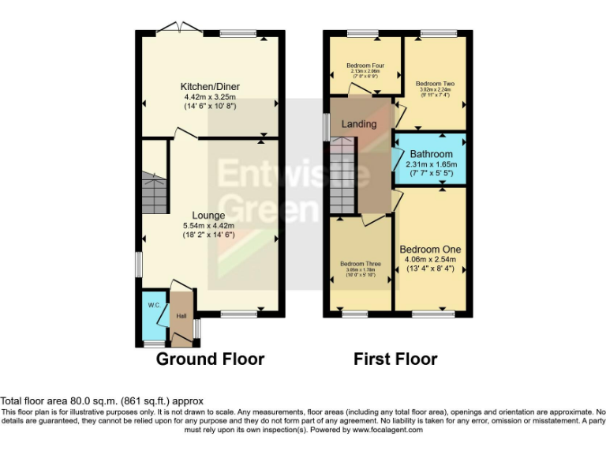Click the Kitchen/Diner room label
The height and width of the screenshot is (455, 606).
tap(210, 86)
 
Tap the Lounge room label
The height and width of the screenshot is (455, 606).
tap(209, 215)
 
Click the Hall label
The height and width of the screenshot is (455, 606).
tap(181, 316)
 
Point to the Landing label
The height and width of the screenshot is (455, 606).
tap(358, 124)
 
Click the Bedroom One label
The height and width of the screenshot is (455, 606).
tap(430, 249)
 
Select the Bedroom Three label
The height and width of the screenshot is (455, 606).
tap(361, 264)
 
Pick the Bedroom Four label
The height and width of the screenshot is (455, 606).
tap(364, 65)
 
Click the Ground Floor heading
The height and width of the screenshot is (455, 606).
tap(210, 359)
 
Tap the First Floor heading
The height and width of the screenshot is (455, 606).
tap(395, 359)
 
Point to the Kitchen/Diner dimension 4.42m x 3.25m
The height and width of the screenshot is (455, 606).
tap(210, 96)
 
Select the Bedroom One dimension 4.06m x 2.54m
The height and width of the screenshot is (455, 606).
tap(430, 259)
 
